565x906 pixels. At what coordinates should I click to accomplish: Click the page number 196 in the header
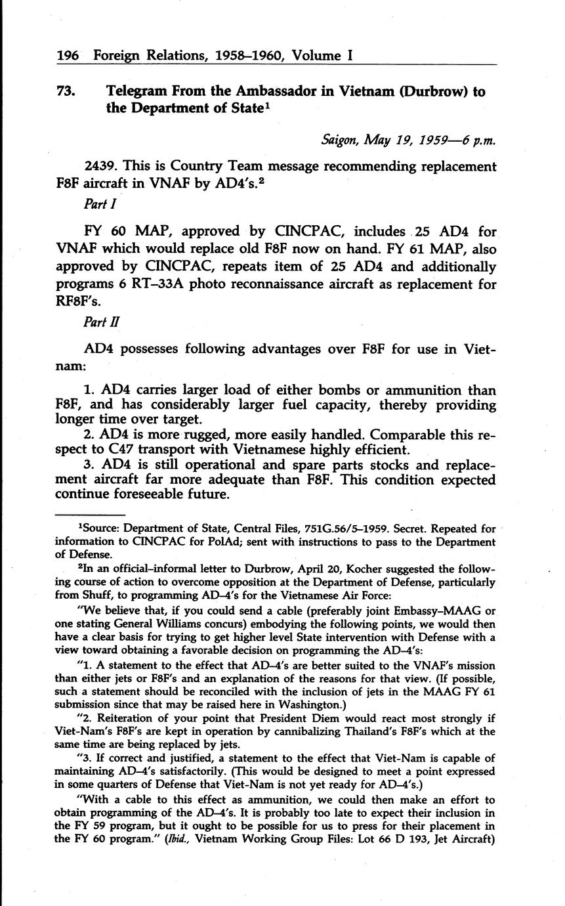(x=68, y=56)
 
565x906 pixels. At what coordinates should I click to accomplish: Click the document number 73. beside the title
(x=66, y=92)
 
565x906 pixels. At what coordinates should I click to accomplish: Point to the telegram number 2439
(x=101, y=167)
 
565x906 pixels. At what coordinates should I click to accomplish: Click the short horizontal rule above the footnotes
(x=90, y=515)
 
